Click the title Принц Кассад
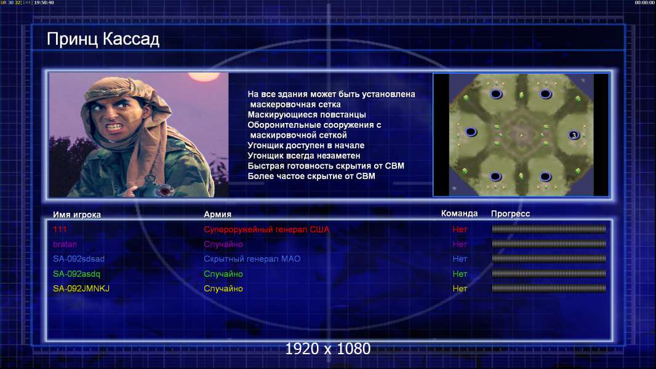tap(103, 39)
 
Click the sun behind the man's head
tap(204, 76)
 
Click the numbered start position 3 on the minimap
tap(574, 135)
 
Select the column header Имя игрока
tap(76, 215)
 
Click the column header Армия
tap(218, 214)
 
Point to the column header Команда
tap(459, 213)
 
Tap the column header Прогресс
tap(510, 213)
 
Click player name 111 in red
tap(60, 229)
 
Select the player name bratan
tap(65, 244)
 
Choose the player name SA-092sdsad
tap(79, 259)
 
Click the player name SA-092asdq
tap(76, 274)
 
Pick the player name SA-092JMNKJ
tap(81, 288)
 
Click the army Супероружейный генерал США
tap(266, 229)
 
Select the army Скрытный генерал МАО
tap(252, 259)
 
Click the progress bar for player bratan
tap(549, 244)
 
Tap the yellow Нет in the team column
tap(460, 288)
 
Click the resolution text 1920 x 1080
tap(327, 349)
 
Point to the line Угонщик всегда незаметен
tap(304, 156)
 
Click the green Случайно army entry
tap(223, 274)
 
